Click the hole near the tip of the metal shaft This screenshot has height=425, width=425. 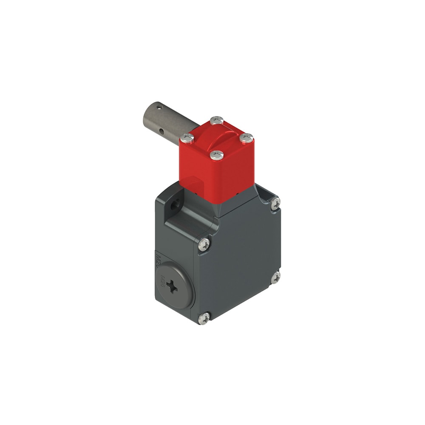pyautogui.click(x=159, y=108)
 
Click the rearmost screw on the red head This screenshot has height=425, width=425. pyautogui.click(x=217, y=120)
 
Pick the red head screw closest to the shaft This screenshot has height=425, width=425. pyautogui.click(x=187, y=138)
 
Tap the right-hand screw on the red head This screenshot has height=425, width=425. pyautogui.click(x=246, y=138)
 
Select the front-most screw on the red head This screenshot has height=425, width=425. pyautogui.click(x=217, y=155)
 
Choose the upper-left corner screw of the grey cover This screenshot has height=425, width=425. pyautogui.click(x=204, y=244)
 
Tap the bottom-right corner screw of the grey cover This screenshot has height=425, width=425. pyautogui.click(x=276, y=278)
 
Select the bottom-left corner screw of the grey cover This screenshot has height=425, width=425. pyautogui.click(x=204, y=317)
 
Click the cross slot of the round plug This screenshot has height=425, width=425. pyautogui.click(x=173, y=287)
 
